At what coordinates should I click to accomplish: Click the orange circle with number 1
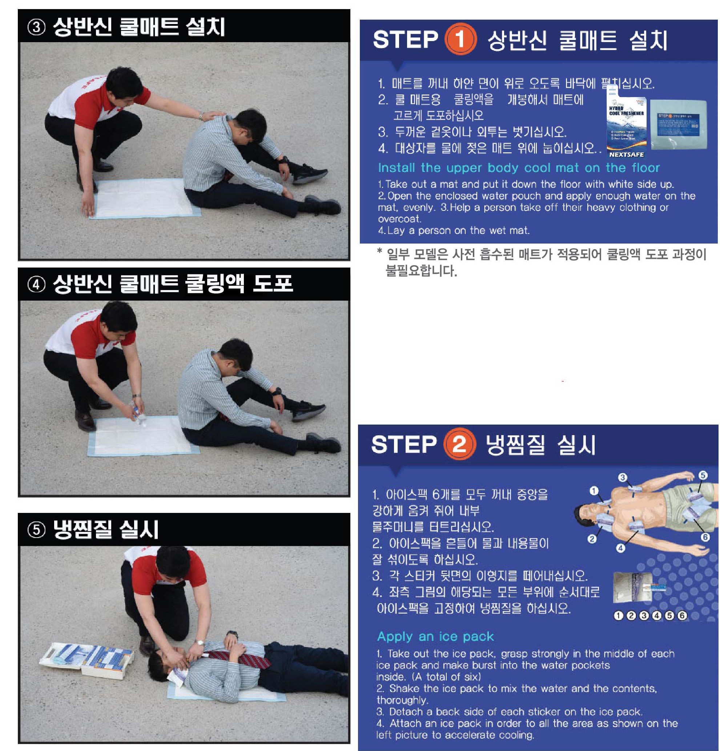460,40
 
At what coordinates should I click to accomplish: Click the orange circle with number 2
459,444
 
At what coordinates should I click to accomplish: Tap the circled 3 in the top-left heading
36,28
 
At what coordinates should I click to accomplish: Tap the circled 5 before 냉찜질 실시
36,530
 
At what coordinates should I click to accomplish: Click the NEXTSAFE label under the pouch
626,155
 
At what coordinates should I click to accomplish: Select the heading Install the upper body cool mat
518,168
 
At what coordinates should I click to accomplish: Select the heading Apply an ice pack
435,636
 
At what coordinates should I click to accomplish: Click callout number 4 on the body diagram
620,548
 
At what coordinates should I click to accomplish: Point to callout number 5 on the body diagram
703,475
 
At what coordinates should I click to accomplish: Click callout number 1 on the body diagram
594,490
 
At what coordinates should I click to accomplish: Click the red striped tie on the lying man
238,658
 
